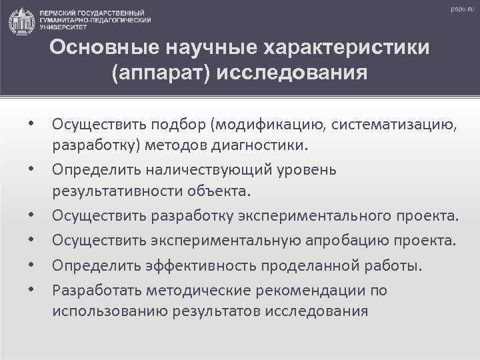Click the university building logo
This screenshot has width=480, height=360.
(x=22, y=22)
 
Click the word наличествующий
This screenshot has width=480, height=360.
(x=201, y=170)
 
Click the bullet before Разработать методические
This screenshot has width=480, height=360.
(x=31, y=290)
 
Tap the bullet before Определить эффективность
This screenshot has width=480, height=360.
(x=31, y=265)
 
